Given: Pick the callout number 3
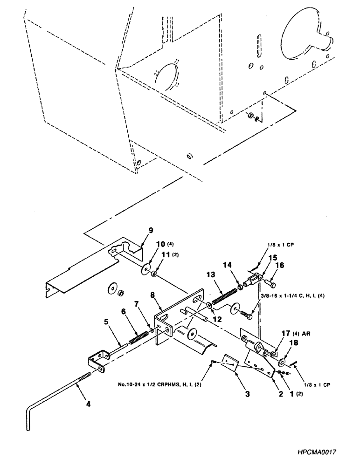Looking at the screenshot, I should [247, 394].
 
